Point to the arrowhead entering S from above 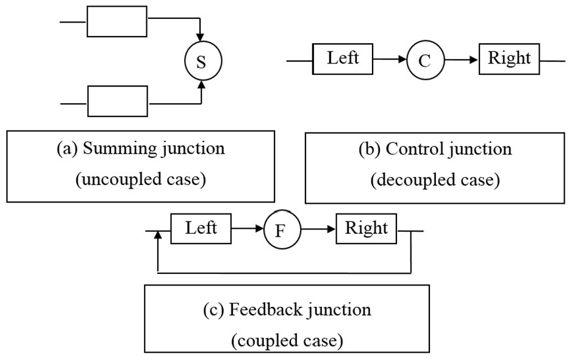200,37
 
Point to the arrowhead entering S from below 201,84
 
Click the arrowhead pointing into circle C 402,59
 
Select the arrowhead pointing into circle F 259,229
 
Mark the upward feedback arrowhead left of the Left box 158,235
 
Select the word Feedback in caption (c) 266,309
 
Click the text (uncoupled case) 141,179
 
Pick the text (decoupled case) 435,179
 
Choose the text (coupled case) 287,340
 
